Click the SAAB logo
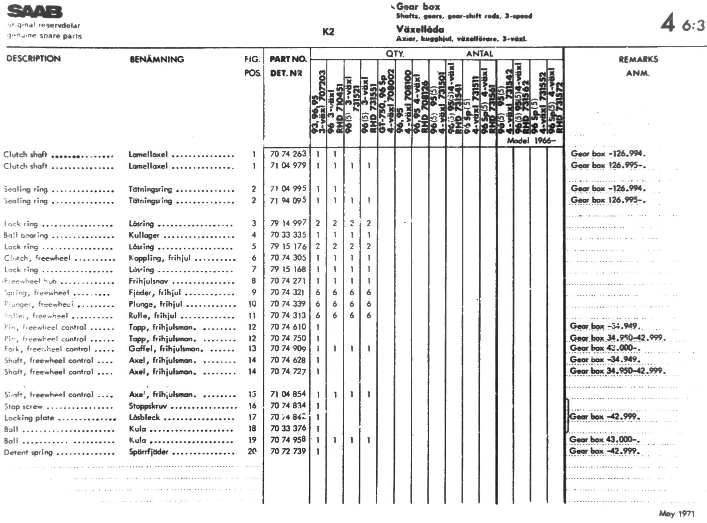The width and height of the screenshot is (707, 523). pos(35,12)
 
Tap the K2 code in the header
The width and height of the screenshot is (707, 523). pos(328,32)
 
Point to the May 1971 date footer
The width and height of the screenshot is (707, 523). pos(677,513)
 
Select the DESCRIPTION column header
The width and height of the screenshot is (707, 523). pos(33,58)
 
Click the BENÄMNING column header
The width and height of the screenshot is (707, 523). pos(157,59)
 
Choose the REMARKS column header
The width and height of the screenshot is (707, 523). pos(638,59)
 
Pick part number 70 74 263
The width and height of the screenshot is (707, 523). pos(288,154)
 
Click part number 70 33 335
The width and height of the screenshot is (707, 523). pos(288,235)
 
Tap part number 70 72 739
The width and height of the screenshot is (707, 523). pos(288,451)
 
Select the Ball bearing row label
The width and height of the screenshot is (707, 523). pos(26,235)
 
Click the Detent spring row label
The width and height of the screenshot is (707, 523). pos(28,452)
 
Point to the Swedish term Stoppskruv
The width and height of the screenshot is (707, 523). pos(148,406)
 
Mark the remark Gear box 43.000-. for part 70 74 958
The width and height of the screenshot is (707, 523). pos(604,440)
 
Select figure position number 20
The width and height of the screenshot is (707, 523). pos(252,451)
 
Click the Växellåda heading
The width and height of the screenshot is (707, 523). pos(420,29)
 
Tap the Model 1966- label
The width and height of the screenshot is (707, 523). pos(531,140)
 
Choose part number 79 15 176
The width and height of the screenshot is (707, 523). pos(288,246)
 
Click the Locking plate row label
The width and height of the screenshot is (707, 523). pos(29,418)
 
